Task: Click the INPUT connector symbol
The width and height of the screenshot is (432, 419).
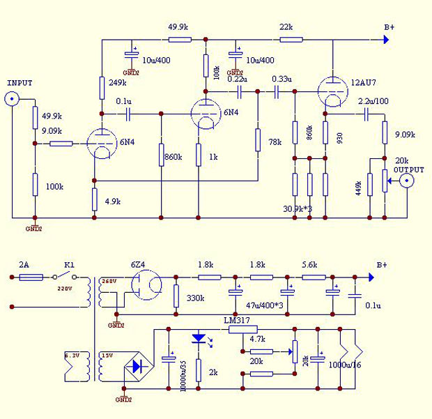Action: [12, 99]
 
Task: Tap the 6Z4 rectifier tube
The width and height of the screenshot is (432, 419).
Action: [146, 284]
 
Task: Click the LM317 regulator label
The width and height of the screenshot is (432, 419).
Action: [238, 321]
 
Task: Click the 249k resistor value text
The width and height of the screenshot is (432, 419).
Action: [118, 83]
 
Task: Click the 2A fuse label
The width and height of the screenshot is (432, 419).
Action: [24, 265]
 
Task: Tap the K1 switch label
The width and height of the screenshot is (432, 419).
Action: [69, 265]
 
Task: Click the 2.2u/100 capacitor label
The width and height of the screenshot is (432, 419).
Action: [373, 102]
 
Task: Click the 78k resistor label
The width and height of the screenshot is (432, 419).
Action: [275, 142]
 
